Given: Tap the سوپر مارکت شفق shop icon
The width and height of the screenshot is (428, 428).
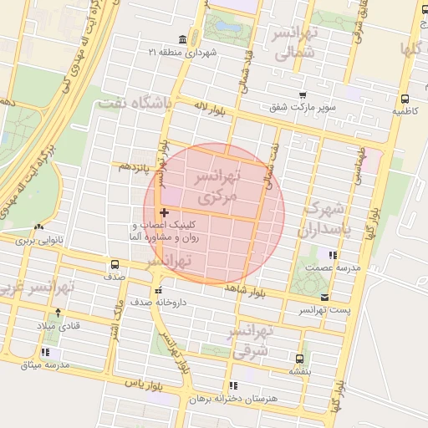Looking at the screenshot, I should point(302,96).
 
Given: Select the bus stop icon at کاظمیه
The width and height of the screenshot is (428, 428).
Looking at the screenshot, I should point(405,98).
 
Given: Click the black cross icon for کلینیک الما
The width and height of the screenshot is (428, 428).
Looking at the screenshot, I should point(164,214).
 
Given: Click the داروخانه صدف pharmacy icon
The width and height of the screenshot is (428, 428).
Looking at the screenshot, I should point(158,290).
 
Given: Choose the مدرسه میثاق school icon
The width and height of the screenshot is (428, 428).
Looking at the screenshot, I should point(44,354).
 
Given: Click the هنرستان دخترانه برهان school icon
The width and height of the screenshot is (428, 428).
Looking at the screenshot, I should point(232,385).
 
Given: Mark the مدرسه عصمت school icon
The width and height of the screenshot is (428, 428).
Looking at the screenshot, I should point(333,254).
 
